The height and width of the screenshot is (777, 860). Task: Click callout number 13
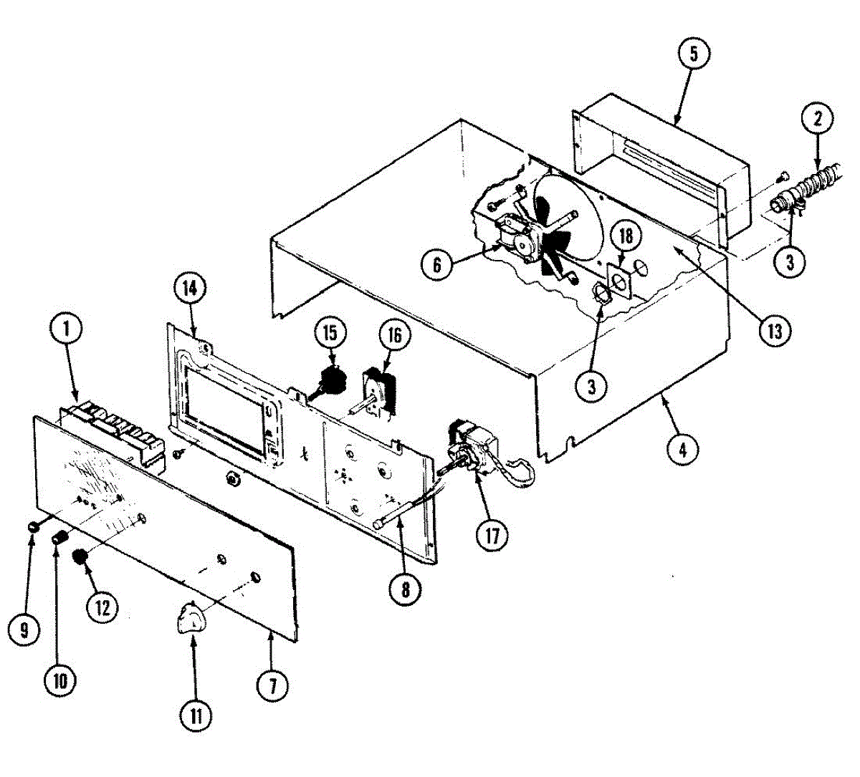click(778, 331)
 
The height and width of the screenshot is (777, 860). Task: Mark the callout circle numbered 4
click(682, 449)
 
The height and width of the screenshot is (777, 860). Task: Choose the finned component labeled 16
click(378, 390)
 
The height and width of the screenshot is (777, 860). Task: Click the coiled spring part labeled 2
click(825, 178)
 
